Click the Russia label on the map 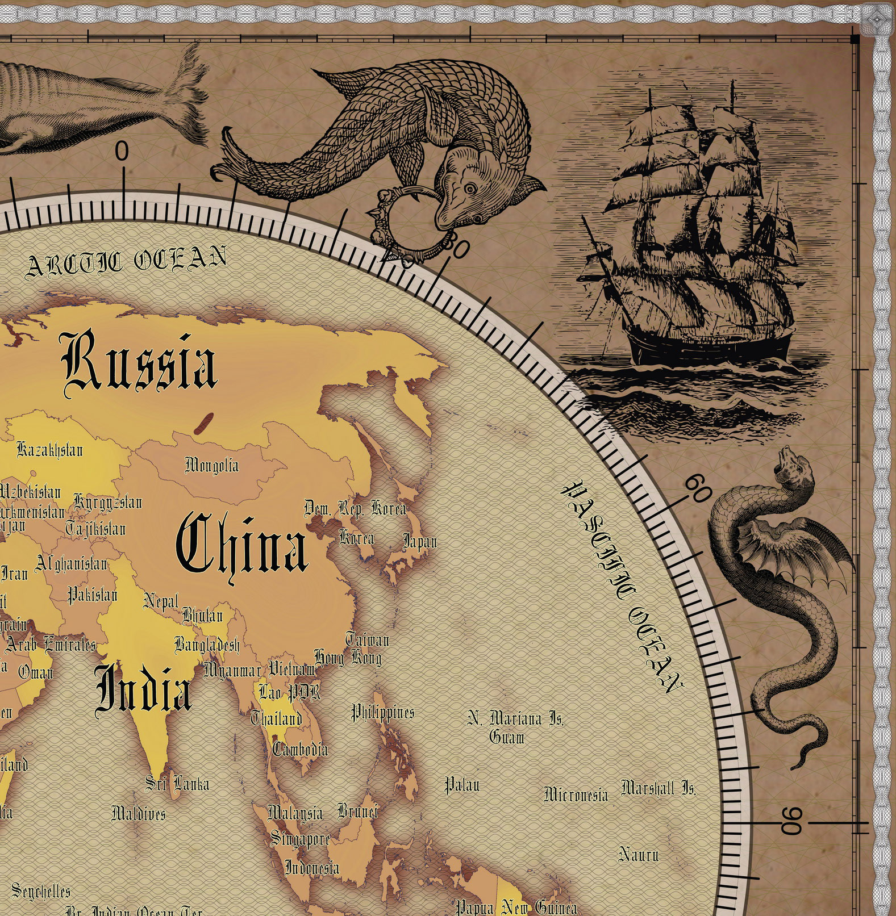pos(140,362)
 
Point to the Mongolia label pos(212,465)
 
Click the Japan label pos(420,541)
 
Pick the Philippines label pos(382,712)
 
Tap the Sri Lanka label pos(177,784)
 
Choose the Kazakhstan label pos(50,450)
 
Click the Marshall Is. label pos(658,788)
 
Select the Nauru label pos(638,854)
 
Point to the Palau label pos(461,785)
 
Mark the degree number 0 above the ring pos(122,152)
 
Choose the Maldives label pos(139,813)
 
